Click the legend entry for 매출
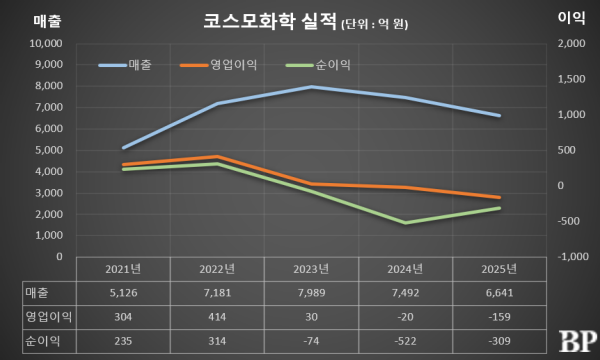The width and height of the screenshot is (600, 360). coord(126,65)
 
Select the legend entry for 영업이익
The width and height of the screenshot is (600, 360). coord(219,65)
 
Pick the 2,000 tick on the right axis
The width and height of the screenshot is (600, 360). coord(570,44)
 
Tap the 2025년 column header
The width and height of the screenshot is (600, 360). coord(498,269)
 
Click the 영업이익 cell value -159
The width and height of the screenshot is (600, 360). coord(498,316)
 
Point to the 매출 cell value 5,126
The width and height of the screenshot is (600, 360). coord(124,293)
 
